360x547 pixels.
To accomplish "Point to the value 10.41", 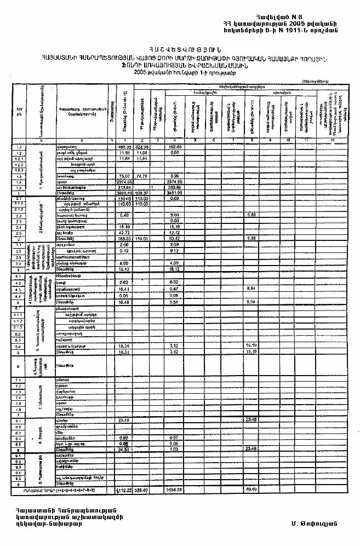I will [x=124, y=289].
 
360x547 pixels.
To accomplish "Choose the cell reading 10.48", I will [x=124, y=302].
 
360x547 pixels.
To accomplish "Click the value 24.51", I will [x=124, y=449].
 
